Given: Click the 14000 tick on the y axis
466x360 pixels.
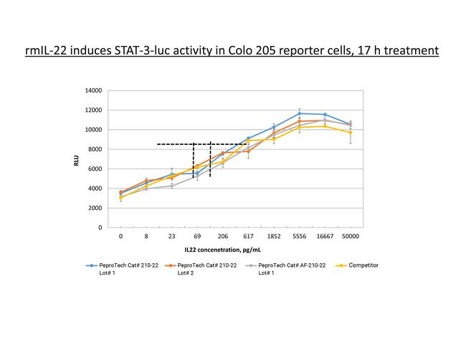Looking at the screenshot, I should point(92,90).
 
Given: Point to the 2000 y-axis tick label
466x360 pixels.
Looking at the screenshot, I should point(95,208).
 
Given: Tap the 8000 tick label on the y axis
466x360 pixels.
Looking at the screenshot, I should point(95,149).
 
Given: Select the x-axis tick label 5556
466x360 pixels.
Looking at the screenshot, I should point(299,236).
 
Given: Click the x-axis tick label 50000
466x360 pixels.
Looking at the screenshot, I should point(350,236).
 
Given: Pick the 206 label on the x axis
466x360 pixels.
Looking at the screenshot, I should point(222,236).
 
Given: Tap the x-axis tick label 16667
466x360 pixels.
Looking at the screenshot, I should point(324,236).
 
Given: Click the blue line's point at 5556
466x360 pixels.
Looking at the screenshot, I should point(299,113).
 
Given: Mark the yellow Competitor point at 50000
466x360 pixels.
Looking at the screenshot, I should point(350,133).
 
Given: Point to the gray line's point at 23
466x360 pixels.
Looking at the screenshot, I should point(171,186).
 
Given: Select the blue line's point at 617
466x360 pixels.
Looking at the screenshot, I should point(248,138).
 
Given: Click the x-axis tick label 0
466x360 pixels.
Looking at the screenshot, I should point(120,236).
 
